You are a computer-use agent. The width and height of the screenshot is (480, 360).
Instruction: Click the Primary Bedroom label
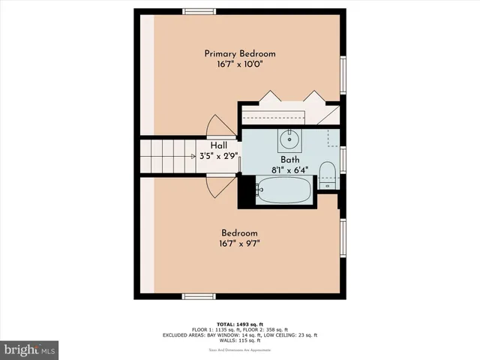tap(240, 53)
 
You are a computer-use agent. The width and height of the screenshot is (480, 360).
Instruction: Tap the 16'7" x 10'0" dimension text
tap(240, 64)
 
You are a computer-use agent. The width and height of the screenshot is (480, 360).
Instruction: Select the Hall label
tap(219, 145)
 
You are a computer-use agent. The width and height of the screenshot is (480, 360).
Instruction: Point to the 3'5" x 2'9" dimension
tap(219, 156)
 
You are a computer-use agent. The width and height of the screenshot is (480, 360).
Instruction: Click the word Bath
tap(289, 160)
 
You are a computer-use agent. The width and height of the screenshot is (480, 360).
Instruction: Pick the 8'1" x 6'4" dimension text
tap(289, 170)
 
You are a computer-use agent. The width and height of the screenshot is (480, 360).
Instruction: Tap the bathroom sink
tap(289, 139)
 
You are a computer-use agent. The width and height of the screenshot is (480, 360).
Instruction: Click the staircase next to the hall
tap(172, 155)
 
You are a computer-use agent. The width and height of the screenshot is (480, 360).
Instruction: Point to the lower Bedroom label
tap(239, 232)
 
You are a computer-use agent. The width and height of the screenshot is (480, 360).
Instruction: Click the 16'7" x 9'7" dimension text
tap(239, 243)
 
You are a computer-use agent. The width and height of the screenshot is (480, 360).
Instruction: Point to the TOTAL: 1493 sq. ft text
tap(239, 322)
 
